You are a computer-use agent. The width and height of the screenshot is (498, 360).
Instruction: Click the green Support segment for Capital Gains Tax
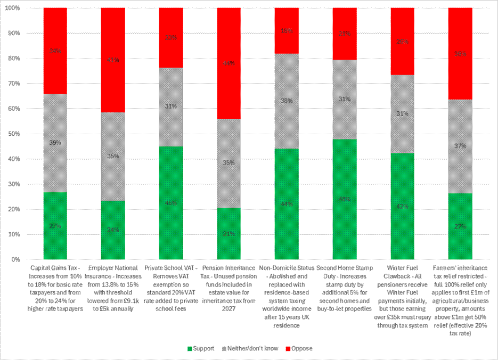point(55,226)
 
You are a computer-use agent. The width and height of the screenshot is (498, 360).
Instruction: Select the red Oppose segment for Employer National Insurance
point(113,60)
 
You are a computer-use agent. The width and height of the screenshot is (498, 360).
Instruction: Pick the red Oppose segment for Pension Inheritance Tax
point(229,63)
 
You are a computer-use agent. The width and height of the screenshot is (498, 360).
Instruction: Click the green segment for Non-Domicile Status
point(287,204)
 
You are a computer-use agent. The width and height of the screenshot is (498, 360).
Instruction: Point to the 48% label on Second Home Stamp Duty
point(345,200)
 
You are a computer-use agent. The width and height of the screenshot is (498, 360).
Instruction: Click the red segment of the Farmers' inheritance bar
point(461,54)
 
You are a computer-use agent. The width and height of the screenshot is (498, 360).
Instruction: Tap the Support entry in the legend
point(200,348)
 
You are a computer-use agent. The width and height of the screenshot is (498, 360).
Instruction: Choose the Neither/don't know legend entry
point(249,348)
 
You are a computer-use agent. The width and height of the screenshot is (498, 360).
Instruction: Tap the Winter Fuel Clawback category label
point(403,296)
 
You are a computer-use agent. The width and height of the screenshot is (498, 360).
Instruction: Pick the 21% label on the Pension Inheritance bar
point(229,234)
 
